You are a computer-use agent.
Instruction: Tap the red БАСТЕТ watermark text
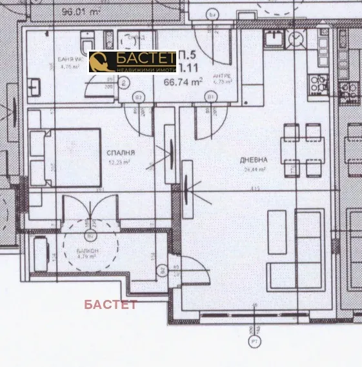tap(110, 304)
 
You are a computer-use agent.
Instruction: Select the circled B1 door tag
tap(211, 97)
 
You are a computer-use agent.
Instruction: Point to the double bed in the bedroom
tap(66, 157)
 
